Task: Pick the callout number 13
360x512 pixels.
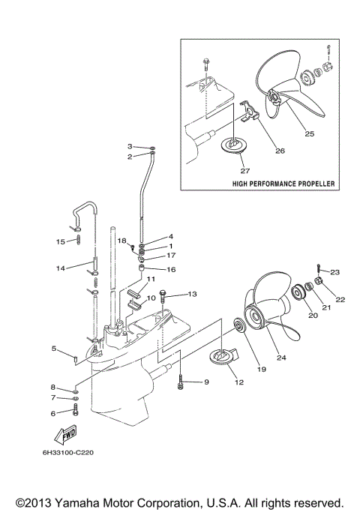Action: click(192, 294)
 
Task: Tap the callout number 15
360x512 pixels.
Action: click(61, 241)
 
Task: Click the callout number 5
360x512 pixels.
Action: click(54, 348)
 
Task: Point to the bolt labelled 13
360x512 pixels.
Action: click(166, 301)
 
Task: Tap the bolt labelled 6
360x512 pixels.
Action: click(76, 411)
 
